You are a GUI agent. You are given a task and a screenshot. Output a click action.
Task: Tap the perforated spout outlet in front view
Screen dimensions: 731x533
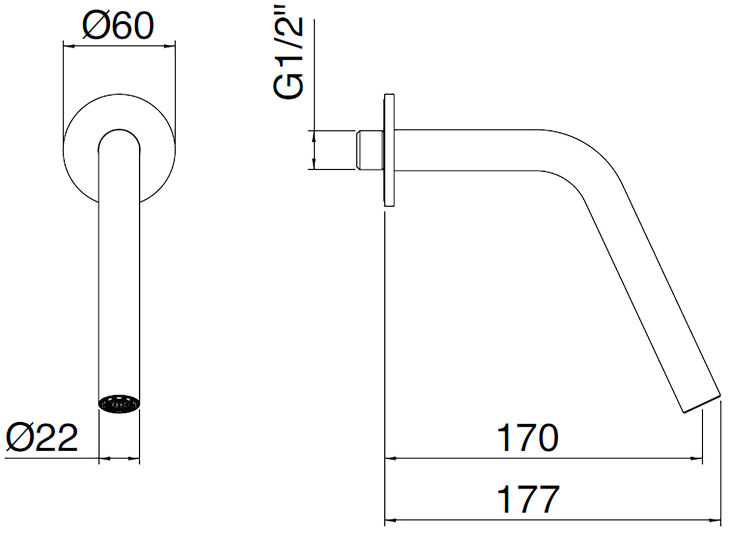119,405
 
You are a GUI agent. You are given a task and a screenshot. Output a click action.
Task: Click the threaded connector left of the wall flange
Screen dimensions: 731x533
370,150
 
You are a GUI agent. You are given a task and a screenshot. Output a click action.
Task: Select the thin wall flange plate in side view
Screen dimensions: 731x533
390,150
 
